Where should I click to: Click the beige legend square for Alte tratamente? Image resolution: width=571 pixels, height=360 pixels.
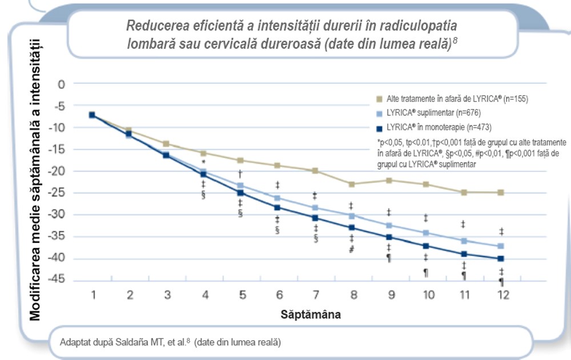(378, 99)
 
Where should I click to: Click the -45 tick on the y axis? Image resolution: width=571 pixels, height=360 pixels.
(58, 280)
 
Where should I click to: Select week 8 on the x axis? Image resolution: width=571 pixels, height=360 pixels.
(353, 295)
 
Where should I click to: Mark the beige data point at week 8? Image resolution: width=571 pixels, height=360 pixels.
(352, 184)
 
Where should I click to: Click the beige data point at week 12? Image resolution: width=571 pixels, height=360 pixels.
(501, 192)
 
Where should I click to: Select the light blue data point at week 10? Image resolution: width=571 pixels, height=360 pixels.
(426, 233)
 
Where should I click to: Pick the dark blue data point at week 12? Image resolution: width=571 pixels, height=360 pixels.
(501, 258)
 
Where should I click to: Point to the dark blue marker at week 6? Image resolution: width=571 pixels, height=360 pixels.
(278, 208)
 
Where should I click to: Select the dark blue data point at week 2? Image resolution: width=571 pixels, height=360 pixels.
(129, 134)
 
